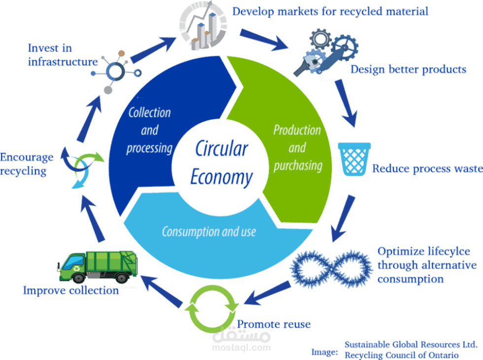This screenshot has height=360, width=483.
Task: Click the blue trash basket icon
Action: pyautogui.click(x=354, y=158)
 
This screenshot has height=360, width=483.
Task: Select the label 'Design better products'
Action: pyautogui.click(x=408, y=70)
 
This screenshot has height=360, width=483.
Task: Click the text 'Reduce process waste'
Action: pyautogui.click(x=427, y=169)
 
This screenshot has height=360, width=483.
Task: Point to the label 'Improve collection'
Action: pyautogui.click(x=71, y=290)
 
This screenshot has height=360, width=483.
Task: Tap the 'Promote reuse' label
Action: pyautogui.click(x=274, y=324)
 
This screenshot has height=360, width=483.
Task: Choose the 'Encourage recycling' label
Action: pyautogui.click(x=27, y=164)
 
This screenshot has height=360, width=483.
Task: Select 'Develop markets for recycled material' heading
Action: pyautogui.click(x=330, y=11)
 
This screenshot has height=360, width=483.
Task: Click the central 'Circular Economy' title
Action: pyautogui.click(x=221, y=162)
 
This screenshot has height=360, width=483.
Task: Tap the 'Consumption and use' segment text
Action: pyautogui.click(x=209, y=231)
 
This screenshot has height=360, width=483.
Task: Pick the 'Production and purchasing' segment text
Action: pyautogui.click(x=297, y=147)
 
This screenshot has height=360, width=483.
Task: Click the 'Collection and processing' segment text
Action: pyautogui.click(x=149, y=130)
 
